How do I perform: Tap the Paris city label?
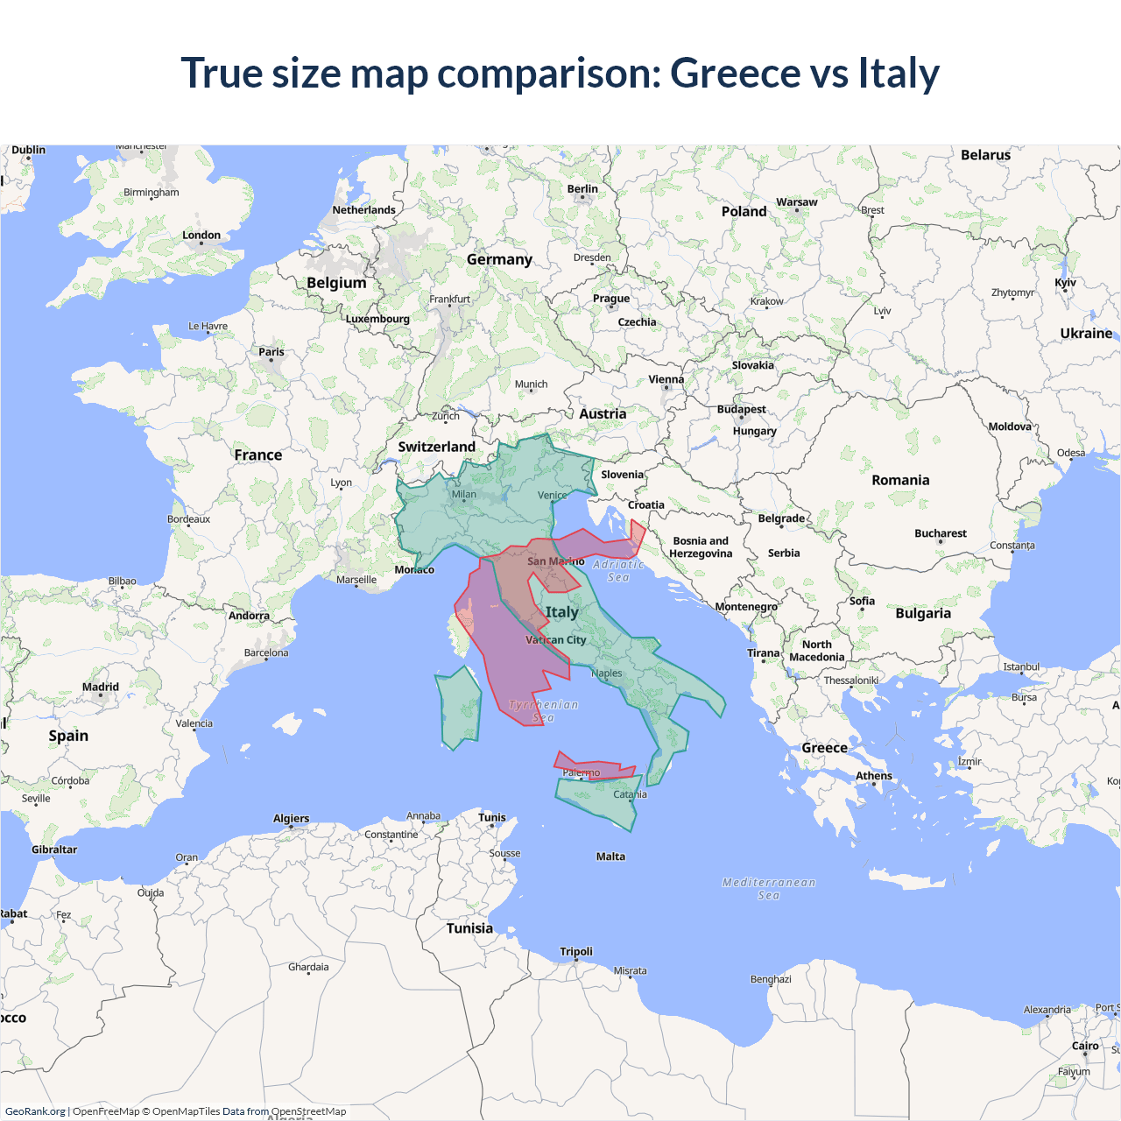pos(271,352)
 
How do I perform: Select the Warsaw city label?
pos(797,202)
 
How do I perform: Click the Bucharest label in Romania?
pos(941,533)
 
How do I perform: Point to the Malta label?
pos(610,857)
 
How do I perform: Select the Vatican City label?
pos(556,640)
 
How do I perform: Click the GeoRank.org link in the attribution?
pos(35,1111)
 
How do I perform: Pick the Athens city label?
pos(874,776)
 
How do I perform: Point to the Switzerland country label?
pos(436,447)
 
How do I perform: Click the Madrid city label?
pos(101,687)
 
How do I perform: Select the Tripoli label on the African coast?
pos(576,952)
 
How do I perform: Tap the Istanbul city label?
pos(1021,667)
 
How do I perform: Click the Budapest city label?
pos(741,410)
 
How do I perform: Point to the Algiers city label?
pos(291,819)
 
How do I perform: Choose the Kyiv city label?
pos(1065,283)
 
